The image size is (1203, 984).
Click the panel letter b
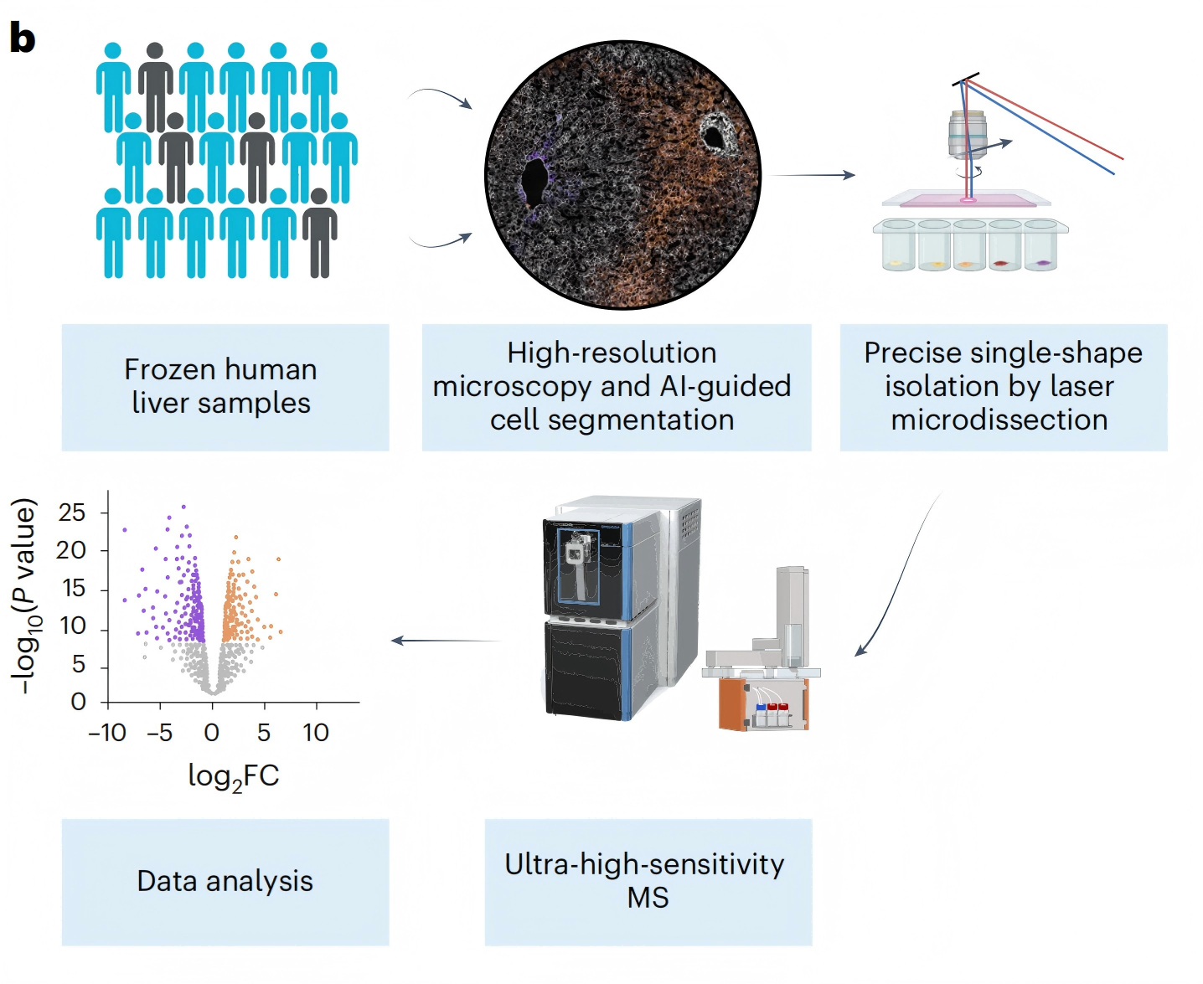coord(23,39)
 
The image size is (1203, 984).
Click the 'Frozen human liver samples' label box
coord(225,387)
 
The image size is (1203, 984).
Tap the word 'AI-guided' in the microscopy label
coord(725,386)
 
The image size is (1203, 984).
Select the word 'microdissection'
coord(999,420)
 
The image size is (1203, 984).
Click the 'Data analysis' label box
coord(225,882)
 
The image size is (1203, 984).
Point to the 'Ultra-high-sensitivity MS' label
coord(648,882)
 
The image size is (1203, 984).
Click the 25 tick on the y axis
coord(72,513)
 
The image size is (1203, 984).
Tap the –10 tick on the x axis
coord(107,734)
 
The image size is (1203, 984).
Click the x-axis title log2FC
coord(233,777)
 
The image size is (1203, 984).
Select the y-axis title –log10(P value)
coord(24,596)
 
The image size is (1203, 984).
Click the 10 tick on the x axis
coord(316,734)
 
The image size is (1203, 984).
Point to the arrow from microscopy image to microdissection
coord(811,175)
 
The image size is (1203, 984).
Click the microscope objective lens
coord(968,135)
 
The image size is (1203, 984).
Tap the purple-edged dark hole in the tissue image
coord(534,180)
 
